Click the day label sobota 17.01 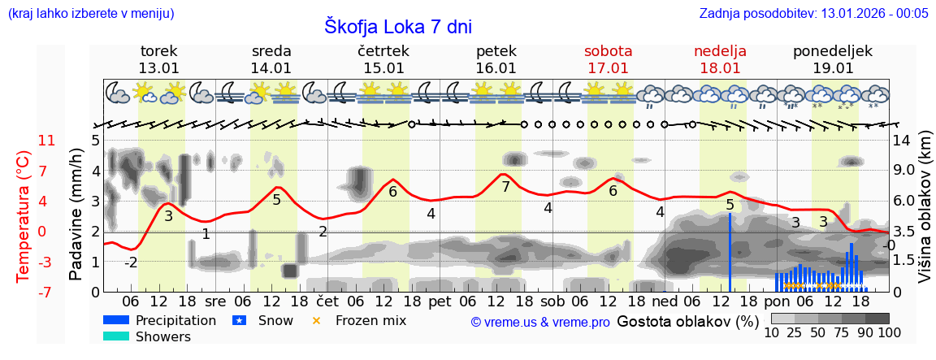608,59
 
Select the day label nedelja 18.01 720,59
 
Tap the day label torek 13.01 158,59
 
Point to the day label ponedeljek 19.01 833,59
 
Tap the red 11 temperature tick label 47,141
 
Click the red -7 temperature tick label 47,292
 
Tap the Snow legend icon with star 240,320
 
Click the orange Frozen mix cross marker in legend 317,320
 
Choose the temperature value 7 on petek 505,187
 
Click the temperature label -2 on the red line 131,262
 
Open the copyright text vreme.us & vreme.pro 540,322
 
